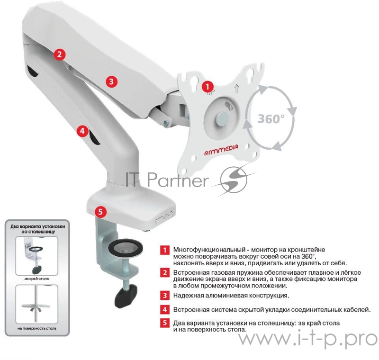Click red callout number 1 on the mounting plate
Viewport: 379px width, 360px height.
pos(207,87)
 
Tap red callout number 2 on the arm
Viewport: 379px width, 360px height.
pos(59,54)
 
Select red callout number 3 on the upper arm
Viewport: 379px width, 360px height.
pos(111,81)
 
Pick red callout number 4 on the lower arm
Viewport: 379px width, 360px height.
pos(83,130)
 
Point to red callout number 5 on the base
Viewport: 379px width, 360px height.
pos(101,212)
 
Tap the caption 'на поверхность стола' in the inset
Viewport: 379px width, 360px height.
pos(36,328)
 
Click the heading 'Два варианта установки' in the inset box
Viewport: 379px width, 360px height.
pos(36,227)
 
